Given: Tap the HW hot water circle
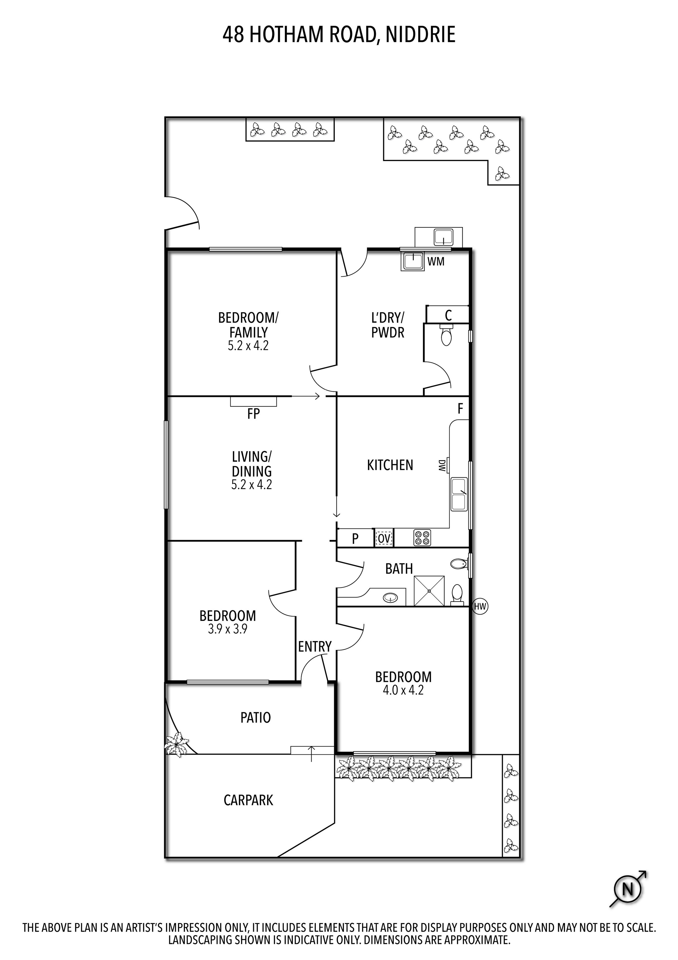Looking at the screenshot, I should pos(480,606).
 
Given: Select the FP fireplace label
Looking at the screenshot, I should pos(253,414).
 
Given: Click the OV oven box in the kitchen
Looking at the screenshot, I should pos(384,539).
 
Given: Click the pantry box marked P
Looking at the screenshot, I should pos(355,539).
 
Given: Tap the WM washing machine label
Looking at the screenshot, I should pos(436,262).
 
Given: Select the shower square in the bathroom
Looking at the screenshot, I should pos(429,591).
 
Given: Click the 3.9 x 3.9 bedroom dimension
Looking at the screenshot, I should pos(228,629).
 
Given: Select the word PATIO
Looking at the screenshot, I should pos(255,717).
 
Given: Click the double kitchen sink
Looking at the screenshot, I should pos(459,495).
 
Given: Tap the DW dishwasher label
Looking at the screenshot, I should pos(441,465).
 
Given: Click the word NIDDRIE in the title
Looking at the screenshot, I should pos(420,35).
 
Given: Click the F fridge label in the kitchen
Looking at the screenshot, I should pos(460,409).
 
